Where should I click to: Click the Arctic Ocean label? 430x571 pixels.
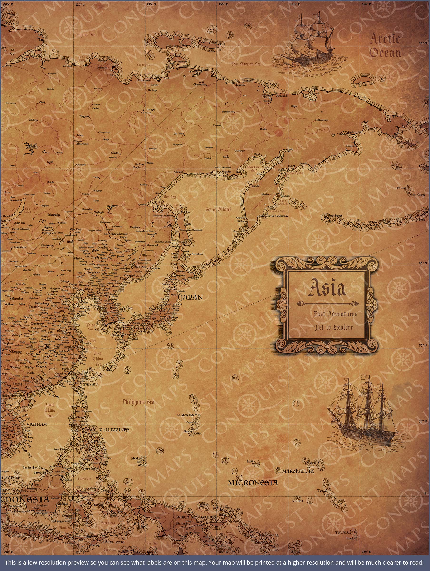tap(385, 46)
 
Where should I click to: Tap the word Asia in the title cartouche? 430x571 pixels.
tap(327, 288)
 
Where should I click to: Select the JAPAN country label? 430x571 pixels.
tap(191, 297)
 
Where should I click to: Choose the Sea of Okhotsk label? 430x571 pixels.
tap(219, 209)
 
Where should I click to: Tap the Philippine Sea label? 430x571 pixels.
tap(138, 402)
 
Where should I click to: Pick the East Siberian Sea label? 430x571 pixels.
tap(246, 64)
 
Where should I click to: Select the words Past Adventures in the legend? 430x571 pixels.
tap(335, 314)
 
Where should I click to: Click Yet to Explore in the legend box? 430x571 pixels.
tap(333, 328)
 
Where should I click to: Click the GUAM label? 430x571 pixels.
tap(197, 433)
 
